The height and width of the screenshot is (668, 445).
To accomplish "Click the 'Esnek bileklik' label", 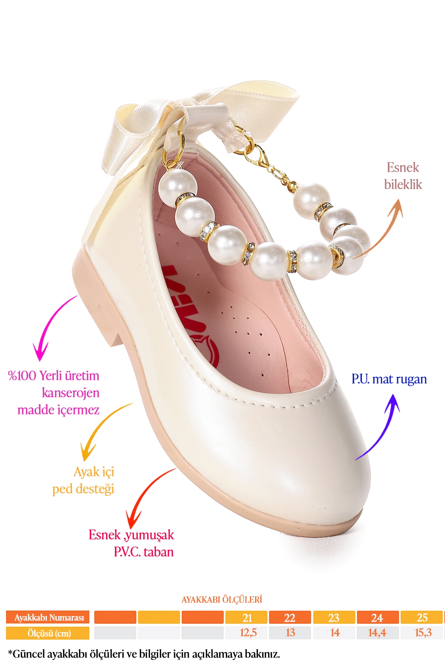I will tap(403, 176).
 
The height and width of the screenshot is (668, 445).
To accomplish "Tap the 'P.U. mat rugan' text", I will tap(389, 379).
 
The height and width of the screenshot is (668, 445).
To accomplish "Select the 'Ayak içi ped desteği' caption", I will tap(83, 481).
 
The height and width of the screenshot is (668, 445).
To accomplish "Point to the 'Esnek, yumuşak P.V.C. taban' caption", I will tap(131, 543).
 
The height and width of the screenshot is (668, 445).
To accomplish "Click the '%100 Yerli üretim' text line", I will tap(54, 376).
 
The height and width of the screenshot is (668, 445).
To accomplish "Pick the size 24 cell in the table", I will tap(377, 618).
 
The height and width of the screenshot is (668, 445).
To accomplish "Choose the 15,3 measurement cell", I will tap(422, 633).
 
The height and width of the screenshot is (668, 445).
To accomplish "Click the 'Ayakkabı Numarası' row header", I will tap(48, 618).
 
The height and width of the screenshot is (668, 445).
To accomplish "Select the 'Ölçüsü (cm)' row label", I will tap(48, 633).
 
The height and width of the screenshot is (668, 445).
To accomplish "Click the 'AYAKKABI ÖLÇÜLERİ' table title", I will tap(222, 600).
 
